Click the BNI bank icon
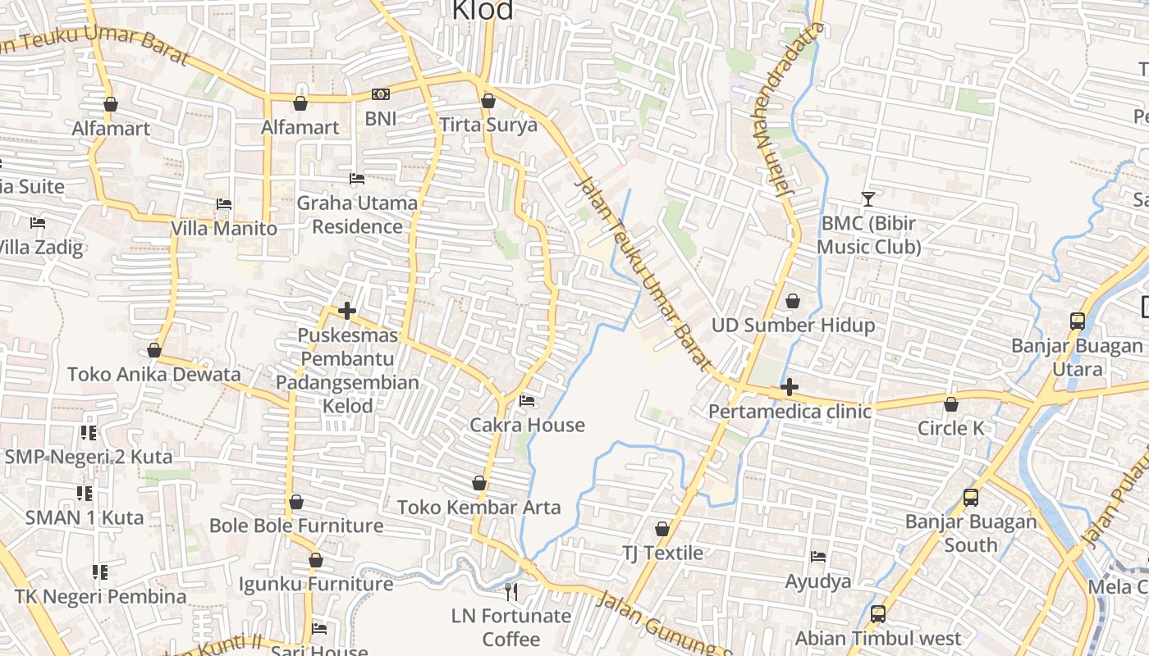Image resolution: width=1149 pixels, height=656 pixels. click(381, 95)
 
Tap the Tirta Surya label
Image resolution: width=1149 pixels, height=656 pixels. click(488, 125)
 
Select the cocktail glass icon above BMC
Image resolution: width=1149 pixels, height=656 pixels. click(868, 198)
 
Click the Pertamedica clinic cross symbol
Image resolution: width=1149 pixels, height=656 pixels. click(790, 386)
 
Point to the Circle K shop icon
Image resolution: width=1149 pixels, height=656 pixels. click(950, 404)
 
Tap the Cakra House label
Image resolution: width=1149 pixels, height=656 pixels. click(527, 425)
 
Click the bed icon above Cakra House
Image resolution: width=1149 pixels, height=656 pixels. click(527, 401)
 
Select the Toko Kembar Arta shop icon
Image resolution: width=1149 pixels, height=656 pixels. click(479, 484)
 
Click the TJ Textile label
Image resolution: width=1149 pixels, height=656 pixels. click(662, 553)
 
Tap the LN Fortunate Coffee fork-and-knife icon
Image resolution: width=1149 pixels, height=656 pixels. click(511, 591)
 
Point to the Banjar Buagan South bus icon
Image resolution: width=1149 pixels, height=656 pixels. click(970, 497)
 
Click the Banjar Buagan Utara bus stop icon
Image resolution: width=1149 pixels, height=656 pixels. click(1078, 321)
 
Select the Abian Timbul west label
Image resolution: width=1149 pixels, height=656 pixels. click(877, 638)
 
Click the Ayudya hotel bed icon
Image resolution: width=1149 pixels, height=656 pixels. click(818, 557)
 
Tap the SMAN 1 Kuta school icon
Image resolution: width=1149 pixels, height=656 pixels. click(85, 494)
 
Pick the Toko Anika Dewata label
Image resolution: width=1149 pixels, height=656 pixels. click(154, 375)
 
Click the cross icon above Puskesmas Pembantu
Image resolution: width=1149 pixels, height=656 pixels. click(347, 311)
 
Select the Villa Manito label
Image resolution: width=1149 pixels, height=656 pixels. click(224, 228)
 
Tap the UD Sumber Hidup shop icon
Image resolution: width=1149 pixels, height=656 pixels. click(793, 301)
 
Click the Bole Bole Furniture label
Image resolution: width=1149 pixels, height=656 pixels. click(296, 526)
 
